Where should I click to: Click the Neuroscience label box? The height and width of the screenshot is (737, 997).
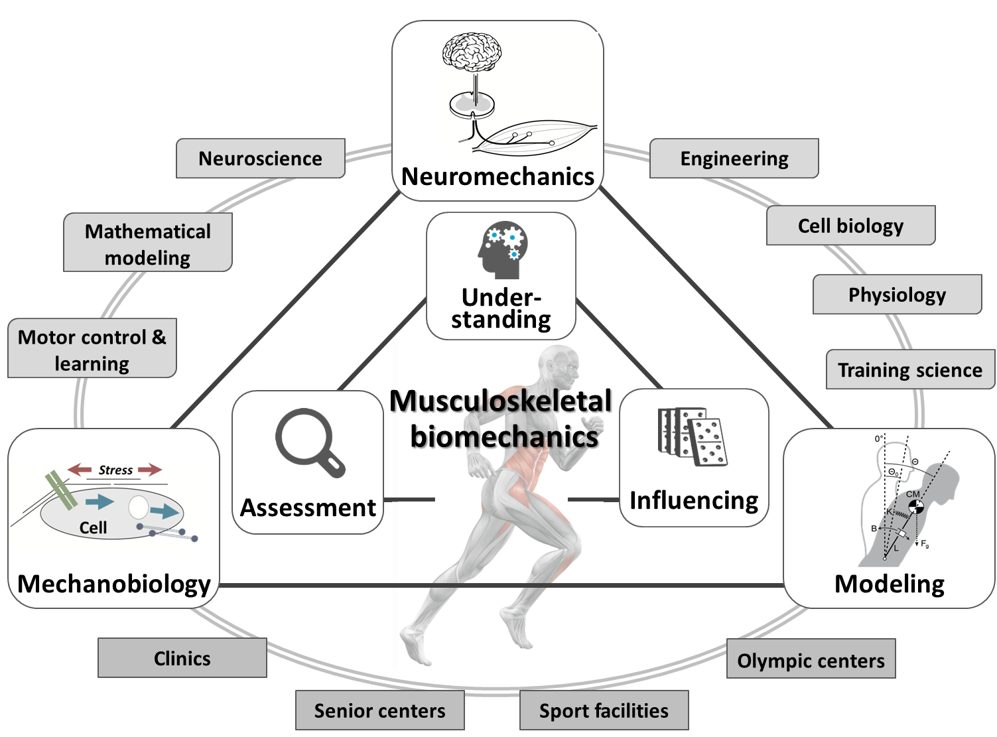pos(260,159)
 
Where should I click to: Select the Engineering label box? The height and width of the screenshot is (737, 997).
pos(734,159)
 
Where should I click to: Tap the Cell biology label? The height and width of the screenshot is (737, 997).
pos(850,226)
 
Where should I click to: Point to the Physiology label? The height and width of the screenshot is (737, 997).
pos(897,295)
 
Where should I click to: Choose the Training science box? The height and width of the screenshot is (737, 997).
pos(909,369)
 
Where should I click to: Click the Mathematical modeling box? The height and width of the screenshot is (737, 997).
pos(147,243)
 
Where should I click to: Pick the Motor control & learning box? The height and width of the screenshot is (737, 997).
pos(92,349)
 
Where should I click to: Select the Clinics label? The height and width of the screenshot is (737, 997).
pos(182,658)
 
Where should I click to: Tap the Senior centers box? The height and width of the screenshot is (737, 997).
pos(379,710)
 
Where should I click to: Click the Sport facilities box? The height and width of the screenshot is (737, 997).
pos(604,710)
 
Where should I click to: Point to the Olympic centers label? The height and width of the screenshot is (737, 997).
pos(811,660)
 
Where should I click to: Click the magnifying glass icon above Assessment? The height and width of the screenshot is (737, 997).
pos(309,442)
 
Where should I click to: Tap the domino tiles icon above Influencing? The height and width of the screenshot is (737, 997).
pos(693,436)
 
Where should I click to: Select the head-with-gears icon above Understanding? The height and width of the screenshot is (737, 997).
pos(501,249)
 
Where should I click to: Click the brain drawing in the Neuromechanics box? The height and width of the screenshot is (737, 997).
pos(472,53)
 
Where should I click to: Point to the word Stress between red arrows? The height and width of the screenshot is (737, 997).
pos(115,470)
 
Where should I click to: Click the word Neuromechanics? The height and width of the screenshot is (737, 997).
pos(498,176)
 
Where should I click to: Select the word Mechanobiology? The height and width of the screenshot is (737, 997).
pos(114,584)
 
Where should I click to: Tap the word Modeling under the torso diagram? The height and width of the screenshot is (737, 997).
pos(889,584)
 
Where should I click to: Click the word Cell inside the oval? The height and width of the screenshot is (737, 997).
pos(93,527)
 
